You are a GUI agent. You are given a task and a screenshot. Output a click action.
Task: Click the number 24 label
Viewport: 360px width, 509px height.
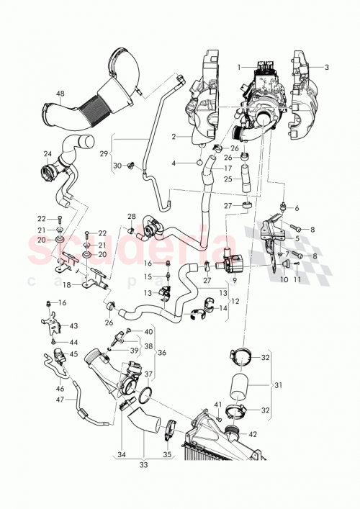(48, 153)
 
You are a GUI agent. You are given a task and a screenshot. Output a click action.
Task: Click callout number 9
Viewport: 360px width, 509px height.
(235, 279)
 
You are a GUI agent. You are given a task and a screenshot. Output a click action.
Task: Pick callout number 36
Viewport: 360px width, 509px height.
(161, 352)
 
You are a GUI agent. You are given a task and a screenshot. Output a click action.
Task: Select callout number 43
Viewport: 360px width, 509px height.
(73, 326)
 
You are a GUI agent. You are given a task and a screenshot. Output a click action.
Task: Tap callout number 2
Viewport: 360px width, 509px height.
(173, 136)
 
